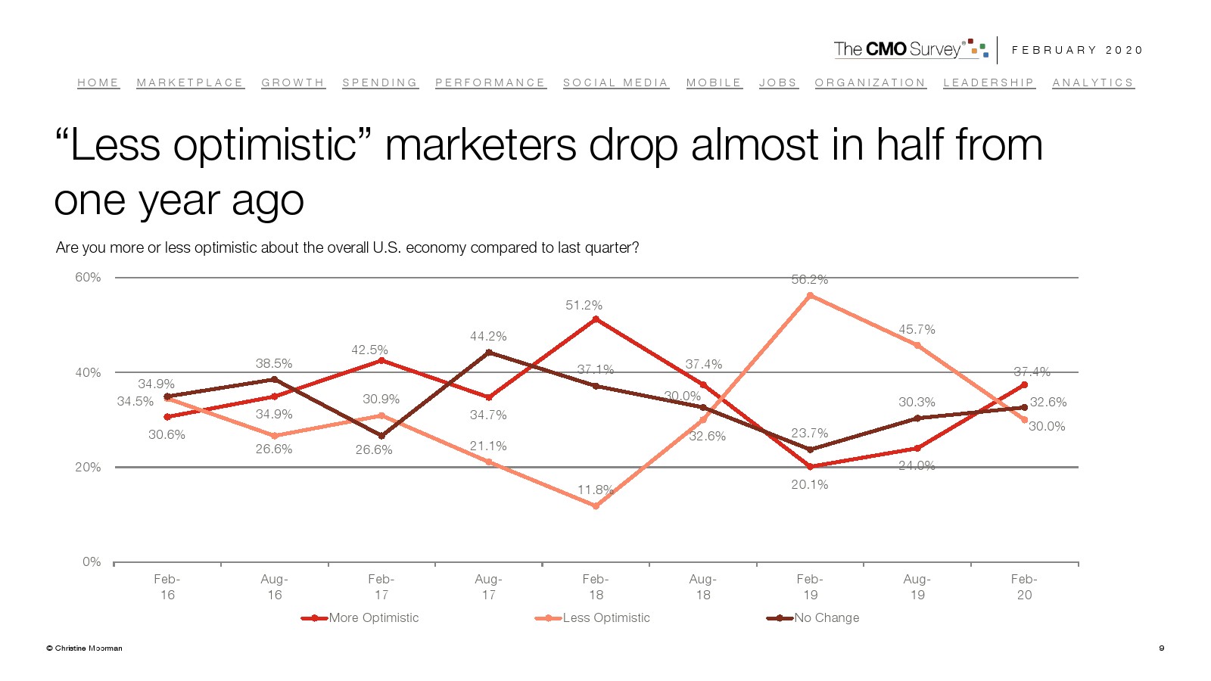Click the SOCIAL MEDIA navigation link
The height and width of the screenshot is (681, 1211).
(x=615, y=82)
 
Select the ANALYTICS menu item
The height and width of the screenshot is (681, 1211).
(x=1092, y=82)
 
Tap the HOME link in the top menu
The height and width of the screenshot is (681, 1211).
(x=98, y=82)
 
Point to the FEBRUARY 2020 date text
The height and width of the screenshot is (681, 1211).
(x=1077, y=50)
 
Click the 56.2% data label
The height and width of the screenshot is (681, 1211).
(x=809, y=279)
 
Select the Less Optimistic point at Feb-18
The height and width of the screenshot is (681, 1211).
(x=596, y=506)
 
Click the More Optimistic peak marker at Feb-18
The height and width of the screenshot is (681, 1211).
(x=596, y=319)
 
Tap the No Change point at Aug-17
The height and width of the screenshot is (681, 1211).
(x=488, y=352)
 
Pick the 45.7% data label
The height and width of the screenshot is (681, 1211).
(x=917, y=329)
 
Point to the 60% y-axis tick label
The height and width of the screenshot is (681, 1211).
(x=88, y=278)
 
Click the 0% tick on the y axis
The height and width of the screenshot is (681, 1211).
(x=92, y=561)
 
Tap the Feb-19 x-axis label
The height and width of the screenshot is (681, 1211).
(x=810, y=586)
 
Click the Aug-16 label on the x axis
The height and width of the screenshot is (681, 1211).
(x=274, y=586)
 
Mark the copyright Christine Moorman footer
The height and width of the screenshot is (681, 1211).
(x=84, y=648)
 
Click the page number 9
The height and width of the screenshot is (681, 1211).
(x=1161, y=648)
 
